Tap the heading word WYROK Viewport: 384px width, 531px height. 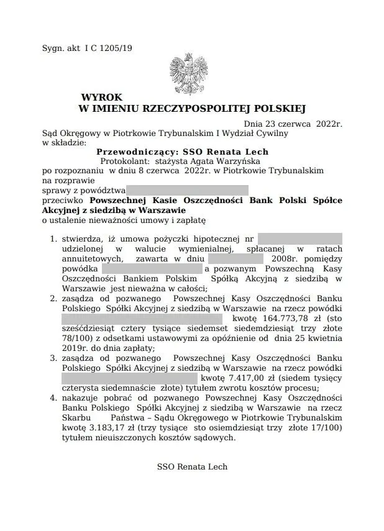tap(102, 98)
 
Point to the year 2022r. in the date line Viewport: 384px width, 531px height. tap(329, 124)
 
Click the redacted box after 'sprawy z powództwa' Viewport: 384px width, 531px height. tap(188, 189)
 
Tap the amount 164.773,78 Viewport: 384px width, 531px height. tap(280, 318)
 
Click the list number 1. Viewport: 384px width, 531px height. tap(54, 238)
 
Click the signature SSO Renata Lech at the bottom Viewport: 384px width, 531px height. tap(192, 466)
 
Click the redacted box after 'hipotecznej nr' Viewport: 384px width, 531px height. tap(299, 238)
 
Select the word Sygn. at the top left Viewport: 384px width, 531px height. tap(53, 48)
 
